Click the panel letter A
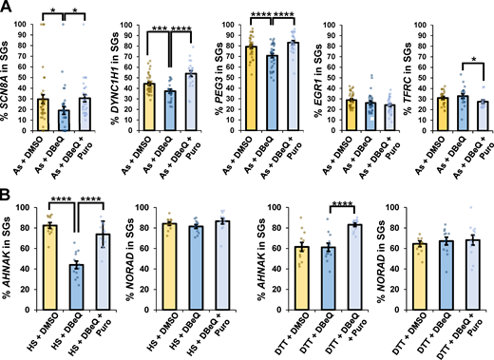click(x=7, y=8)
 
